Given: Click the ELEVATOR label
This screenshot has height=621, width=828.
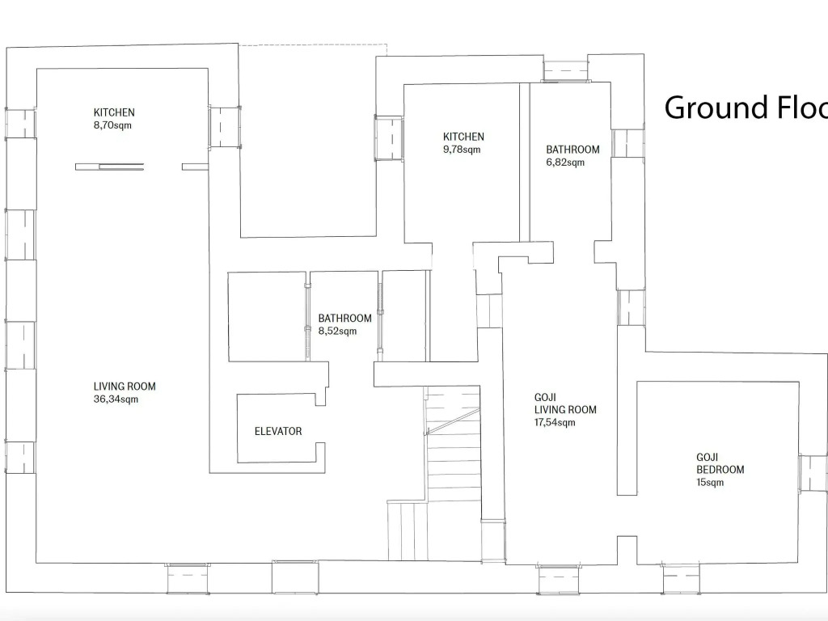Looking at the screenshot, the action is [x=278, y=431].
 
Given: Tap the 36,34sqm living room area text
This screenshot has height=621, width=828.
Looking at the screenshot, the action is [x=116, y=399].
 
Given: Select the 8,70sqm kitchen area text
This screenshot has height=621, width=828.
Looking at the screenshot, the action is [x=112, y=125].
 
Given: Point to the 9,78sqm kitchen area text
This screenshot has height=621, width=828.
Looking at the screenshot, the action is [x=462, y=150].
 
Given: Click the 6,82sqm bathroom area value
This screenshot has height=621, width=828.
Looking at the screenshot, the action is [x=565, y=162].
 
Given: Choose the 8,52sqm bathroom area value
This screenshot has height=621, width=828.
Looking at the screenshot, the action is [x=337, y=331].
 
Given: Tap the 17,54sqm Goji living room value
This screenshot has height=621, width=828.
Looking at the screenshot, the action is [x=555, y=422].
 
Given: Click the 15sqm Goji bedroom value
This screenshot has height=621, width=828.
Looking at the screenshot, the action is [x=710, y=482].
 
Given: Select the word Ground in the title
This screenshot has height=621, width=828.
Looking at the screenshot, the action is [x=716, y=108].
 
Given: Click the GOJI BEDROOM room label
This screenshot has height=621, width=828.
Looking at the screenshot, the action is [x=720, y=463].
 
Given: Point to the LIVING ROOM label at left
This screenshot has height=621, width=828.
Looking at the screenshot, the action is [x=125, y=386].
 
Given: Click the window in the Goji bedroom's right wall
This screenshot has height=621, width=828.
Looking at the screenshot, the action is [x=813, y=473].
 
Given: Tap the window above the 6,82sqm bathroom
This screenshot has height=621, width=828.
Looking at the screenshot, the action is [x=566, y=71].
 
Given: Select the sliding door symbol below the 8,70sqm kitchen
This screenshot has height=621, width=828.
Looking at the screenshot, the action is [x=110, y=167].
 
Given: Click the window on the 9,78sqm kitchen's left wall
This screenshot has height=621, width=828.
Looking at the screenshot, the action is [x=389, y=137].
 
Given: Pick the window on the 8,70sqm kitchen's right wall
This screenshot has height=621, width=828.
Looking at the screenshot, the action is [x=225, y=127].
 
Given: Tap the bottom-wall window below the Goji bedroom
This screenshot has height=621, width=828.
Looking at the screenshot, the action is [x=681, y=579].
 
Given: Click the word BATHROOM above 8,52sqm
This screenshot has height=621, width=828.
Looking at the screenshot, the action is [x=344, y=319].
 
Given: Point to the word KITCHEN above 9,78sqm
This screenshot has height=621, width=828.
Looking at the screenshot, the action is [x=463, y=137].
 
